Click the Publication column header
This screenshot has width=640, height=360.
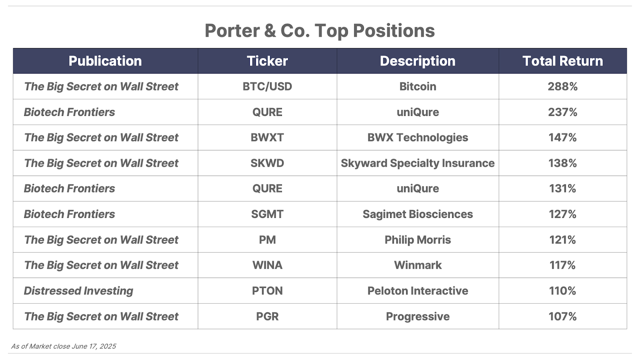105,61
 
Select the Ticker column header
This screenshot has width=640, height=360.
267,61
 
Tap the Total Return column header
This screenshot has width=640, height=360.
562,61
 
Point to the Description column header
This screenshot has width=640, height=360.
418,61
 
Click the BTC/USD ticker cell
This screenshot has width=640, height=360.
267,86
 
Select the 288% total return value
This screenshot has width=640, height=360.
562,86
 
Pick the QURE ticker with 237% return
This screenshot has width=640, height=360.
267,112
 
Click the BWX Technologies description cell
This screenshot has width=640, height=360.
418,138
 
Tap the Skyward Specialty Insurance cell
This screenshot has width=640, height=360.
418,163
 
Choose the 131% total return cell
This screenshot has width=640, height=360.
562,188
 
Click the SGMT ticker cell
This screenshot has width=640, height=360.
267,214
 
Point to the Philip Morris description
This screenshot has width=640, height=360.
418,240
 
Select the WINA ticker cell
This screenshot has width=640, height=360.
267,265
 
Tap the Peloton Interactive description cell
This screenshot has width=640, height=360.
418,291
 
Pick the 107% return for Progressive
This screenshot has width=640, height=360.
562,316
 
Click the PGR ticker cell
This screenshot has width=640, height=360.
267,316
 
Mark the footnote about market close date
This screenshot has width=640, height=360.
64,346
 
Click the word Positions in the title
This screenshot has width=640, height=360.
394,30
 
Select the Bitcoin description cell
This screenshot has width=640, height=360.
418,86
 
